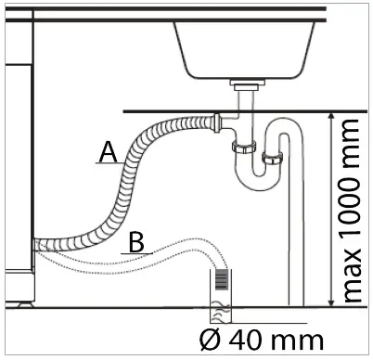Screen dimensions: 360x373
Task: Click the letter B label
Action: click(x=135, y=242)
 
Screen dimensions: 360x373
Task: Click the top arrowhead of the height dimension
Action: click(x=333, y=115)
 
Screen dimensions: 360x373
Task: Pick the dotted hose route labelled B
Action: click(x=167, y=252)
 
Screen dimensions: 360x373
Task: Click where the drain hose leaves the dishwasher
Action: click(x=39, y=245)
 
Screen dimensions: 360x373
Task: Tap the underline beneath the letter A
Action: click(x=107, y=163)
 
